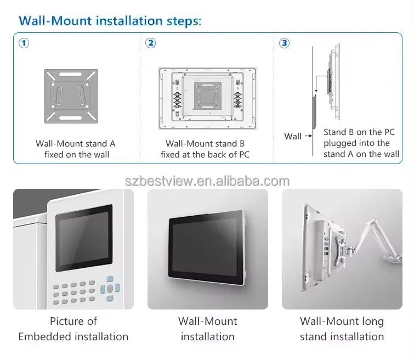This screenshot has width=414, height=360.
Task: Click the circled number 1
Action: click(24, 43)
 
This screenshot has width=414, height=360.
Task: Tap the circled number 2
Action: click(150, 43)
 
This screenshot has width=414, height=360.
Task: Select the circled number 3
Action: click(285, 43)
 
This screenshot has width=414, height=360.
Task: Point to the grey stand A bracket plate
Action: click(71, 96)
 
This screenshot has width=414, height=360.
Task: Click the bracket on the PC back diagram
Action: click(207, 95)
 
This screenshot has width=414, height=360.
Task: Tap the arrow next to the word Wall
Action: click(308, 136)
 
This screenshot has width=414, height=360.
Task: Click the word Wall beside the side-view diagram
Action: click(293, 137)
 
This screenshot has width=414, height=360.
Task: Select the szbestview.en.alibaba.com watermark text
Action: click(207, 181)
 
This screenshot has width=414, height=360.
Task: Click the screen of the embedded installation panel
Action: click(84, 238)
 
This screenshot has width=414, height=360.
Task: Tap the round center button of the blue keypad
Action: click(110, 288)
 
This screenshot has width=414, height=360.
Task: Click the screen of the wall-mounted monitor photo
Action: click(205, 247)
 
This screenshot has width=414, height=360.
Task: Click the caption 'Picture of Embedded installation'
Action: click(73, 329)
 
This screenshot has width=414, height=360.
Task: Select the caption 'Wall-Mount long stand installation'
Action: click(342, 329)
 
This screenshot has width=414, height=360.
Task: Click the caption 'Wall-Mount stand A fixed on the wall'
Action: click(76, 149)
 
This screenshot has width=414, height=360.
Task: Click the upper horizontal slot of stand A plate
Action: click(71, 75)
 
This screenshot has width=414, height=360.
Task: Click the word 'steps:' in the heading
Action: click(184, 21)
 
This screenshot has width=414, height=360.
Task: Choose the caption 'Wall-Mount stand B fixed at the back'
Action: click(205, 149)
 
